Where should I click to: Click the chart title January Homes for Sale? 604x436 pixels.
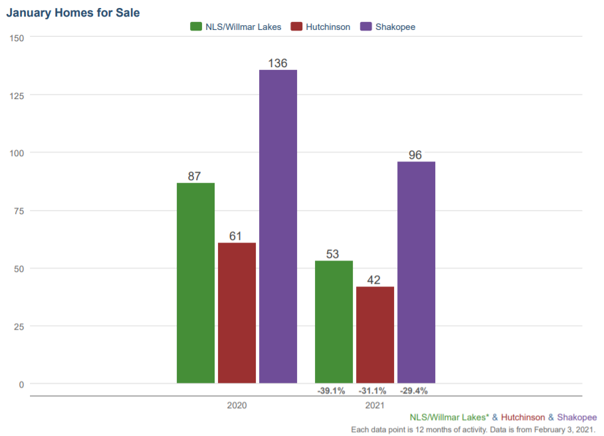[73, 13]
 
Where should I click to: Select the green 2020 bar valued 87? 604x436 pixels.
[195, 282]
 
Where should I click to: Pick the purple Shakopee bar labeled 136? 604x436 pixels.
[278, 226]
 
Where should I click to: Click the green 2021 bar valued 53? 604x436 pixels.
[334, 322]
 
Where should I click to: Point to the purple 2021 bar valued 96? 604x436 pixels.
[416, 272]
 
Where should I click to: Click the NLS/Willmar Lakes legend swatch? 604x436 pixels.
[196, 27]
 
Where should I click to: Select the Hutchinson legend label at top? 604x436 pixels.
[328, 27]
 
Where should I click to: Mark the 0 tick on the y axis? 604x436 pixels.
[21, 384]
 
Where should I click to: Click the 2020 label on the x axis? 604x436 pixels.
[237, 405]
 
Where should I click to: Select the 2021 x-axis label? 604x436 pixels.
[375, 405]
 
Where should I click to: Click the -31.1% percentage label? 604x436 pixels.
[372, 391]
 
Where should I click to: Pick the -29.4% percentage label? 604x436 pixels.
[413, 391]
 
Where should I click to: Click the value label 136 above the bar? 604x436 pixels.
[278, 63]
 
